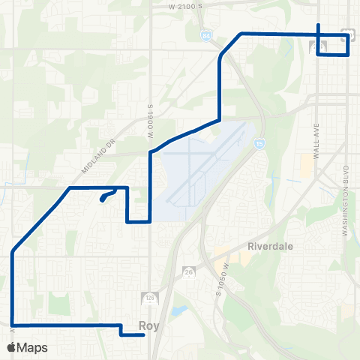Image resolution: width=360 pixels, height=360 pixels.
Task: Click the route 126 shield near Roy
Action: click(150, 298)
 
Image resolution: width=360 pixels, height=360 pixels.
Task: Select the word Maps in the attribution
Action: click(33, 347)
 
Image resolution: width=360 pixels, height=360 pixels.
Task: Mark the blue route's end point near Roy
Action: click(143, 335)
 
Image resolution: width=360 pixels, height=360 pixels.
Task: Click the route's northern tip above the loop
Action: click(319, 25)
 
